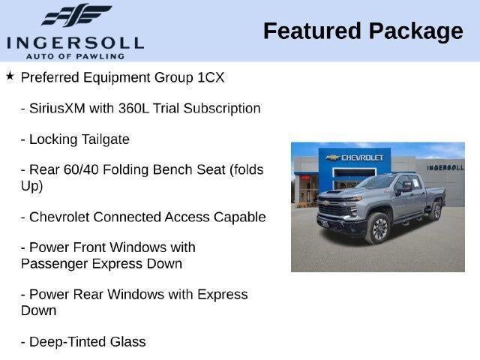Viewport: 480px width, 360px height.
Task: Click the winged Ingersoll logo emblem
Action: (x=76, y=15)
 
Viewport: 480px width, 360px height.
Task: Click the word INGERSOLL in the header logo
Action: (x=75, y=43)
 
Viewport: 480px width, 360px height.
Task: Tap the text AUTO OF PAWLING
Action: (x=75, y=56)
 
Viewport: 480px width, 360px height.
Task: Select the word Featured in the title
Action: (x=312, y=31)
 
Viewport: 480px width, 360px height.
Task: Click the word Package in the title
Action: (x=416, y=32)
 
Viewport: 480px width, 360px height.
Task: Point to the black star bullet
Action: (x=10, y=76)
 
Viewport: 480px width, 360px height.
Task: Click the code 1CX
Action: (x=211, y=77)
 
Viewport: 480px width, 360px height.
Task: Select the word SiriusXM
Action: (x=57, y=108)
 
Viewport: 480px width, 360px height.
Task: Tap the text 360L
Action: (x=133, y=108)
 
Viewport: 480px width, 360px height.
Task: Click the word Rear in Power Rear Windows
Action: (x=88, y=295)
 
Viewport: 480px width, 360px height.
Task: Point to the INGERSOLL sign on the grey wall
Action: (x=445, y=168)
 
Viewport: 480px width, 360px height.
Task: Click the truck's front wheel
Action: (x=379, y=229)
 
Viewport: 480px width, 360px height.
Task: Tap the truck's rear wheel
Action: (x=436, y=211)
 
